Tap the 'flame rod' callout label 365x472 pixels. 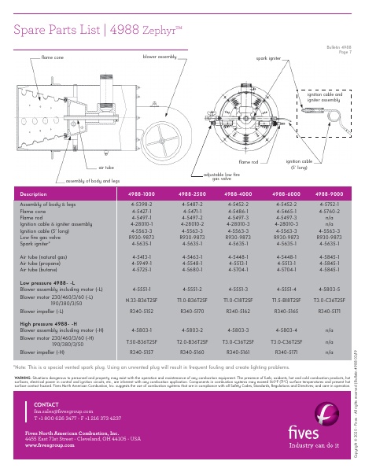[x=249, y=161]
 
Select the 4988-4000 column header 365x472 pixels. [x=238, y=194]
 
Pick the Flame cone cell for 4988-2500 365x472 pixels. [x=194, y=212]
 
